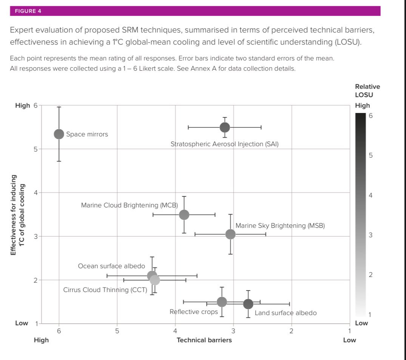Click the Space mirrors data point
(x=59, y=134)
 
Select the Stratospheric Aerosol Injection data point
(x=225, y=127)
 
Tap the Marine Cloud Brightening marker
(x=184, y=215)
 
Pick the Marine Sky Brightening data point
(x=230, y=234)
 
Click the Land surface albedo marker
(x=248, y=304)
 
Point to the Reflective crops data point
(x=222, y=302)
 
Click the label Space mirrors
(x=87, y=134)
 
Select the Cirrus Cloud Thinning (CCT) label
(x=105, y=290)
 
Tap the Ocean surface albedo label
(x=111, y=266)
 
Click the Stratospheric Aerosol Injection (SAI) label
(x=224, y=144)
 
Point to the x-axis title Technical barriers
(x=204, y=340)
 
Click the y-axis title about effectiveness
(x=18, y=215)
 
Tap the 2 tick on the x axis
(x=291, y=331)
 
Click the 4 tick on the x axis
(x=175, y=331)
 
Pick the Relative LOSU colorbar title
(x=367, y=91)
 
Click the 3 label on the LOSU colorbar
(x=370, y=235)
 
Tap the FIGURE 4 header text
(x=28, y=11)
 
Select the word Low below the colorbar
(x=361, y=323)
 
